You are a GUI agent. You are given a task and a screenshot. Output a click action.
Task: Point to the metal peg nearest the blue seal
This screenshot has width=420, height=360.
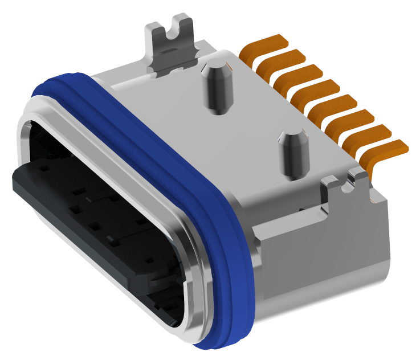coord(292,153)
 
